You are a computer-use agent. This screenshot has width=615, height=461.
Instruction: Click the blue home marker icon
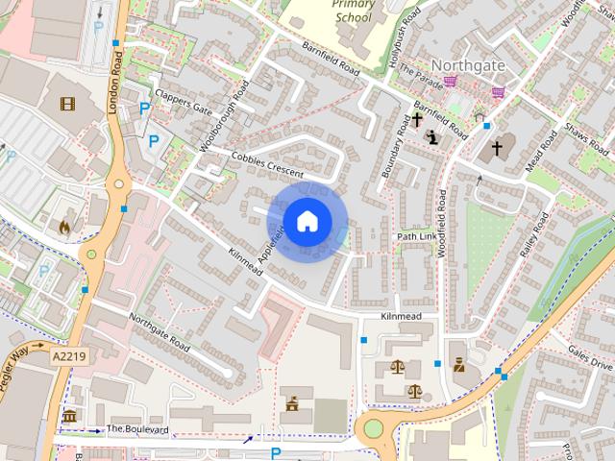pos(306,222)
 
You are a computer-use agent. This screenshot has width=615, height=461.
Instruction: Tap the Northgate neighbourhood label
pos(468,64)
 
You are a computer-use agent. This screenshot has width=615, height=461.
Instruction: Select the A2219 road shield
pos(68,355)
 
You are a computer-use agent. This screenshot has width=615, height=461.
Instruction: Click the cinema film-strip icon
pos(68,103)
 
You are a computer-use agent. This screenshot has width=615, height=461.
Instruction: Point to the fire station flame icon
pos(64,228)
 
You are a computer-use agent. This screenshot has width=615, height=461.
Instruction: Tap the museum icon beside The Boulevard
pos(69,416)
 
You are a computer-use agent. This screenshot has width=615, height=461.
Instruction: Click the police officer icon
pos(459,365)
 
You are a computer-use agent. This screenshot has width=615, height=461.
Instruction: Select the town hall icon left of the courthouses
pos(291,404)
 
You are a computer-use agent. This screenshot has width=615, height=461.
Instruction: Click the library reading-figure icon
pos(433,137)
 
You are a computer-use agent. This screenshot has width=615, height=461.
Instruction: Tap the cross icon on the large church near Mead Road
pos(497,148)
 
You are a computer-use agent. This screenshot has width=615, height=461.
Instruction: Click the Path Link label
pos(416,236)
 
